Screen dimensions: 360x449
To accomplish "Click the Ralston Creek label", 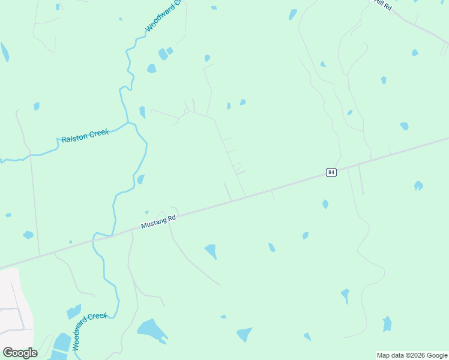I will (x=85, y=136).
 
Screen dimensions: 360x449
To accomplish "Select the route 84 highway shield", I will (x=331, y=172).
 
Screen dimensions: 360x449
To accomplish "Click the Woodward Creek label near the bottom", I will (x=89, y=331).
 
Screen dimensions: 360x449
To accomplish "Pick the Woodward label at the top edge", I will (x=163, y=17).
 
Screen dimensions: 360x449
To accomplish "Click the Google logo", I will (x=20, y=352).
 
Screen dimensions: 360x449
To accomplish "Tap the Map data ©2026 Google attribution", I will (x=412, y=355).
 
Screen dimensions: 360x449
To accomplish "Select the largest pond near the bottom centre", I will (x=152, y=329).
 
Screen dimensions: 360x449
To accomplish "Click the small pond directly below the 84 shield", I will (x=325, y=204).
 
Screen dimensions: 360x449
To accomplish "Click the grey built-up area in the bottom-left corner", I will (x=11, y=300).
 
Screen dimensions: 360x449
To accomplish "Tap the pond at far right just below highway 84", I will (x=418, y=186).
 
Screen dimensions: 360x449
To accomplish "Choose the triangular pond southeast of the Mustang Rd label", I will (x=211, y=251).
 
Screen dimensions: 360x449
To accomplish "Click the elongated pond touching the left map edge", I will (x=4, y=52).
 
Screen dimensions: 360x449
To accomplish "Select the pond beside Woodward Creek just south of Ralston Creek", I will (x=140, y=179).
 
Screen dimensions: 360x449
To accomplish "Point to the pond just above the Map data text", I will (x=387, y=324).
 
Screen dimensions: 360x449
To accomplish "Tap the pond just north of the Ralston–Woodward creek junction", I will (x=142, y=112).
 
